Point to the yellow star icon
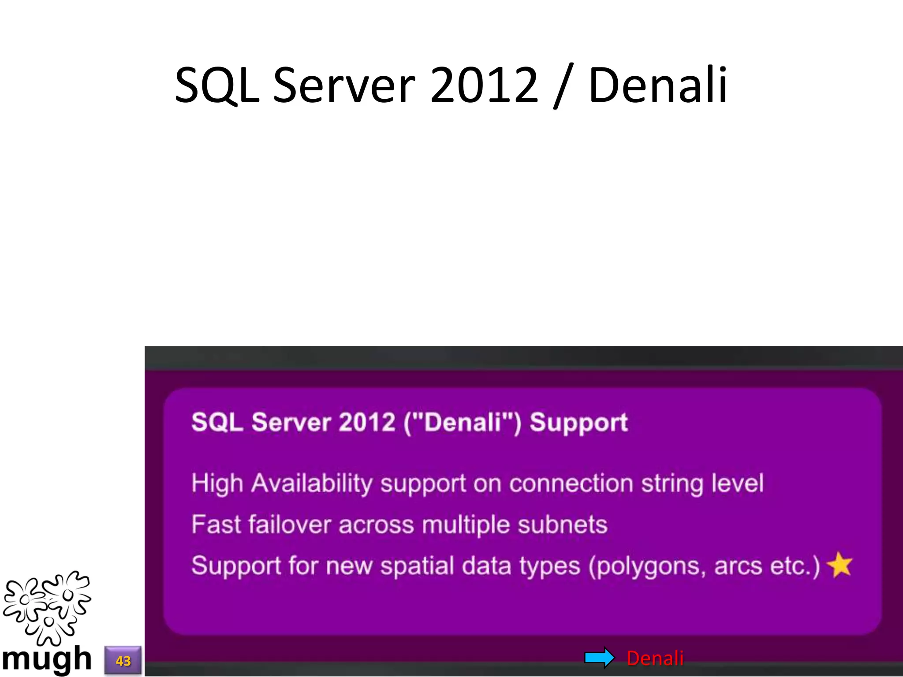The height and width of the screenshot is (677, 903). [x=840, y=565]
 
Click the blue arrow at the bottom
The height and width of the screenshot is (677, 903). [x=599, y=658]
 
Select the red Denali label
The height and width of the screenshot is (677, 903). [x=655, y=658]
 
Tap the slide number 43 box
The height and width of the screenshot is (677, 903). [x=123, y=660]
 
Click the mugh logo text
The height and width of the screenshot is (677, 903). [x=46, y=659]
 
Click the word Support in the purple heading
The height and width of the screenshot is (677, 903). [x=578, y=422]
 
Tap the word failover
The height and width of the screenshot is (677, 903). [x=289, y=524]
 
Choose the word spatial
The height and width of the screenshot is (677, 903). [x=417, y=565]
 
